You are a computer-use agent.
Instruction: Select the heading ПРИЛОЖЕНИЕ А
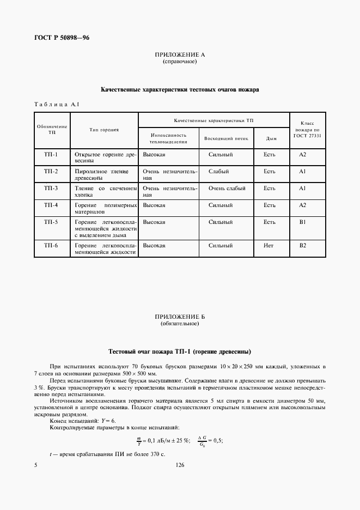point(180,55)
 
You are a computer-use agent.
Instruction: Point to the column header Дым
point(270,138)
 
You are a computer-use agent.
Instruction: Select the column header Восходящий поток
point(225,138)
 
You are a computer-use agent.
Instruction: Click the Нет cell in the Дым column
point(269,246)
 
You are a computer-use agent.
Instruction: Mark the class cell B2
point(303,246)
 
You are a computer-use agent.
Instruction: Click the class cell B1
point(303,222)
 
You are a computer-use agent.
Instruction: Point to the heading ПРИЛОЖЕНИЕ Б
point(180,317)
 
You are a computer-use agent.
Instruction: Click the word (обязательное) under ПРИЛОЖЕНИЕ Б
point(180,324)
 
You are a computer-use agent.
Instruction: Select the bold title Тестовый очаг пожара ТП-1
point(180,351)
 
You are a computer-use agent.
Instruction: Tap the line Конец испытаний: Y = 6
point(83,421)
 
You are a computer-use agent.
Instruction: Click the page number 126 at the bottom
point(180,465)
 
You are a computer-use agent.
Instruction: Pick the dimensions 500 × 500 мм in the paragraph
point(135,374)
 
